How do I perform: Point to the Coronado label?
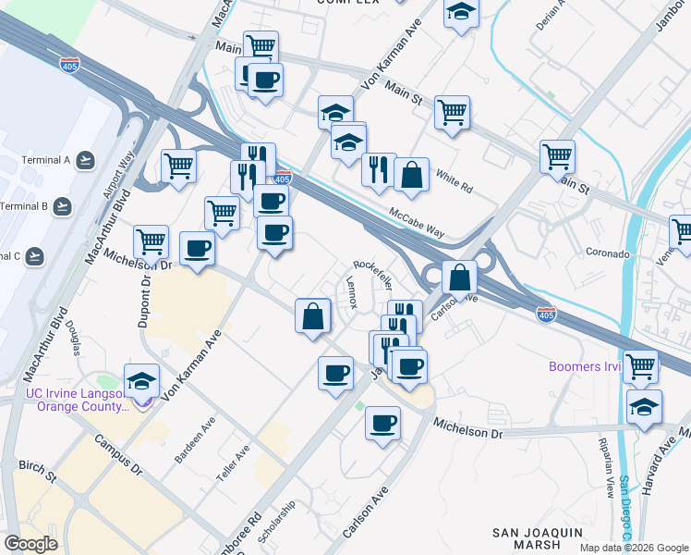pyautogui.click(x=608, y=253)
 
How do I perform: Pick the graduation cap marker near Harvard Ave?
pyautogui.click(x=644, y=406)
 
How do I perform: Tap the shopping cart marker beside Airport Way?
pyautogui.click(x=178, y=166)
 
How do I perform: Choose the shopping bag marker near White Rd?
pyautogui.click(x=411, y=174)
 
